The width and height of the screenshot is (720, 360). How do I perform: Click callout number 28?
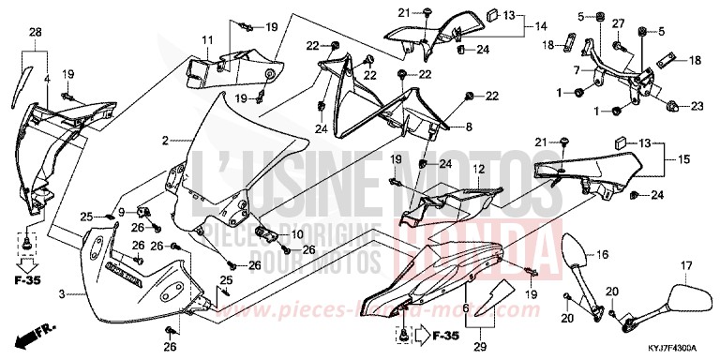pyautogui.click(x=37, y=35)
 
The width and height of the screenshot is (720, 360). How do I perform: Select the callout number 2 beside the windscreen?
pyautogui.click(x=165, y=141)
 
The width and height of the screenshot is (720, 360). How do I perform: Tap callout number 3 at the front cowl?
pyautogui.click(x=62, y=294)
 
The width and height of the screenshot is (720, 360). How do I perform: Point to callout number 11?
pyautogui.click(x=207, y=39)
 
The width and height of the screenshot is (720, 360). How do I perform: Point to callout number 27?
pyautogui.click(x=618, y=22)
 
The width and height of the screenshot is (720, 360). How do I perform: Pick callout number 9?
pyautogui.click(x=121, y=213)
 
